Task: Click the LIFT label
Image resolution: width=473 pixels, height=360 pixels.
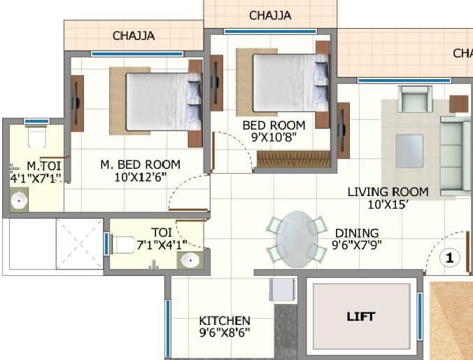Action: (x=361, y=317)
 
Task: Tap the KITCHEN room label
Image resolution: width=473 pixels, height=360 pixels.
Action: (x=225, y=321)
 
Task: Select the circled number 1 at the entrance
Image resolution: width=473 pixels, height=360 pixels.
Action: (x=449, y=258)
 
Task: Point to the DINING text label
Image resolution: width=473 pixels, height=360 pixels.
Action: (x=357, y=233)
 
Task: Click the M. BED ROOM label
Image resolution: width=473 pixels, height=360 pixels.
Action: (x=140, y=165)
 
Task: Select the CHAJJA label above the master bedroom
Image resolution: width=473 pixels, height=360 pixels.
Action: (x=134, y=36)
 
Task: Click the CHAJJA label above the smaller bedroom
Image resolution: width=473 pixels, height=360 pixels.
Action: (x=270, y=15)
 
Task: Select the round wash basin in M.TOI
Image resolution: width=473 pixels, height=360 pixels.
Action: (x=19, y=201)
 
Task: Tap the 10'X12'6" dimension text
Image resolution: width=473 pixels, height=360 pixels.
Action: (x=140, y=176)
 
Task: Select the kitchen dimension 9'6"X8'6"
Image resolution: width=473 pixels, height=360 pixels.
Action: (x=225, y=333)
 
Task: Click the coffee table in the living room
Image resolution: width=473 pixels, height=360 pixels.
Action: (x=409, y=148)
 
